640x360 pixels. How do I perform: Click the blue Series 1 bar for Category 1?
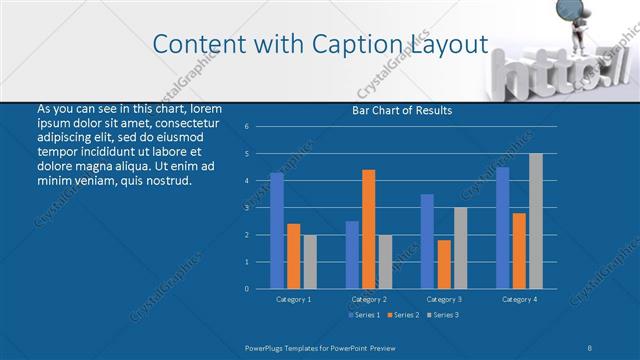[277, 231]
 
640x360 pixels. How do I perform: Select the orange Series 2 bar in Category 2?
[369, 229]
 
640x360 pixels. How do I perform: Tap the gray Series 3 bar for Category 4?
[536, 221]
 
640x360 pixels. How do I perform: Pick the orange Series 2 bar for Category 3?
[444, 264]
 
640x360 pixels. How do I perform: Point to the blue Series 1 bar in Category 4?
[503, 228]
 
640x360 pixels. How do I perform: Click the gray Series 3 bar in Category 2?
[386, 262]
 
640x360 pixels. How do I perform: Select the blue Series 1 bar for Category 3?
[428, 241]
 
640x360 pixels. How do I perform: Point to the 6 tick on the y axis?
[247, 127]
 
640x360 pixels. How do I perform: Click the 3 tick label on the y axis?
[247, 208]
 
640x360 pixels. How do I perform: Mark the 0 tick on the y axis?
[247, 289]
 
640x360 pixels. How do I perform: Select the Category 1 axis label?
[293, 299]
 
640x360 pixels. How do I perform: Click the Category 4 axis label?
[519, 299]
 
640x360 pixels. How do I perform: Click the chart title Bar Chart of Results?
[403, 110]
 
